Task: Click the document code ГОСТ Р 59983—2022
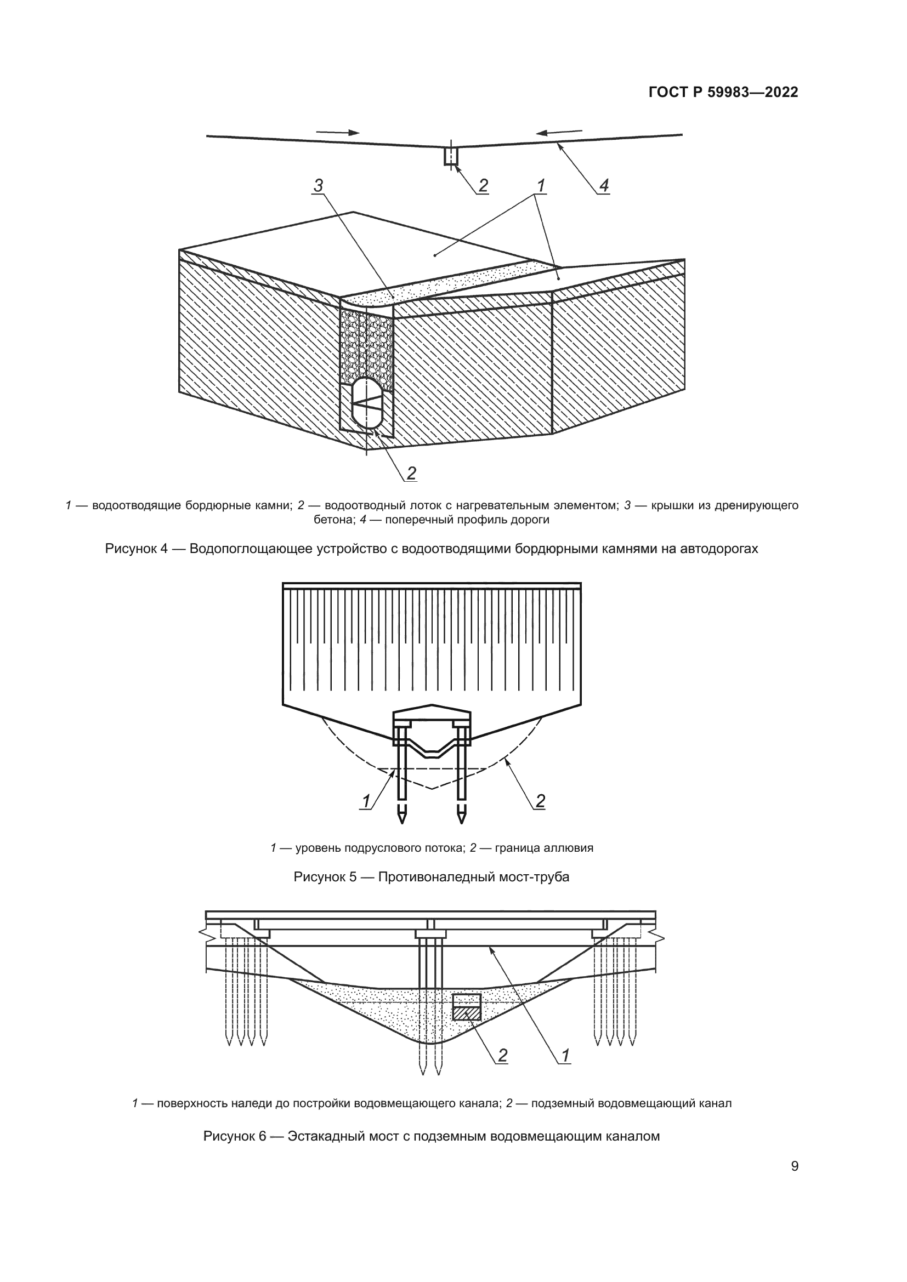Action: click(x=723, y=93)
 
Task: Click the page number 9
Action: click(x=795, y=1166)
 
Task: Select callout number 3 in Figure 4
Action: click(x=319, y=185)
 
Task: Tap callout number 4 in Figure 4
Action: click(x=604, y=185)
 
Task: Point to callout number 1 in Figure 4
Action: click(x=541, y=185)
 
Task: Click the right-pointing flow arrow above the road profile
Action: click(x=338, y=133)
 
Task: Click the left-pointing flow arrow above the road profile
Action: click(x=558, y=132)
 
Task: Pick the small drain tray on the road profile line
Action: click(x=451, y=156)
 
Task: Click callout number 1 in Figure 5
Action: click(x=366, y=802)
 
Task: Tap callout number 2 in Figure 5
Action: click(x=540, y=802)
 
